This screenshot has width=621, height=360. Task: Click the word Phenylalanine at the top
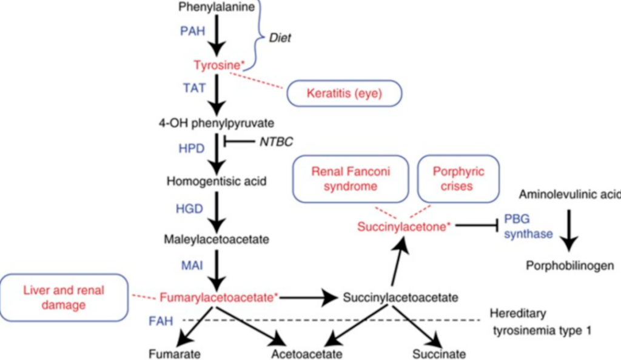pos(217,7)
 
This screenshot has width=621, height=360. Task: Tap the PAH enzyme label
pos(192,31)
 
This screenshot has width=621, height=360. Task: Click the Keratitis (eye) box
pos(344,93)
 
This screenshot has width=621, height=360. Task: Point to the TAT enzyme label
pos(194,88)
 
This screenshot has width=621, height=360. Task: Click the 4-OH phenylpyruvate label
pos(217,123)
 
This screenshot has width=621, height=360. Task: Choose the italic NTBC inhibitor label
pos(276,142)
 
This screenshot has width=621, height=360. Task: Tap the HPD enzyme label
pos(192,148)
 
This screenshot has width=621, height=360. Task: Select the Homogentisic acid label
pos(217,181)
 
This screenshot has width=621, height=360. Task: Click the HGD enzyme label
pos(190,208)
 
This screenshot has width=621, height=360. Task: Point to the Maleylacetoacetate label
pos(217,239)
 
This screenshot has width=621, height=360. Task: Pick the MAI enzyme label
pos(192,265)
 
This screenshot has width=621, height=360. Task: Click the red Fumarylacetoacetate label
pos(219,298)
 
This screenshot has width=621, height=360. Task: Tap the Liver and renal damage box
pos(64,298)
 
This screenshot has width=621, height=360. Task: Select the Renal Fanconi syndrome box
pos(351,179)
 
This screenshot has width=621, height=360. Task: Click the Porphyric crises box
pos(458,179)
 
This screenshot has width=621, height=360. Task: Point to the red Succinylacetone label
pos(404,227)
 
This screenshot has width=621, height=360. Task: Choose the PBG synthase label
pos(528,226)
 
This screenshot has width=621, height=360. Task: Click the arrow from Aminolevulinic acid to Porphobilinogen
pos(569,230)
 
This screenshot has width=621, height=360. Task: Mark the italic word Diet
pos(280,38)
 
